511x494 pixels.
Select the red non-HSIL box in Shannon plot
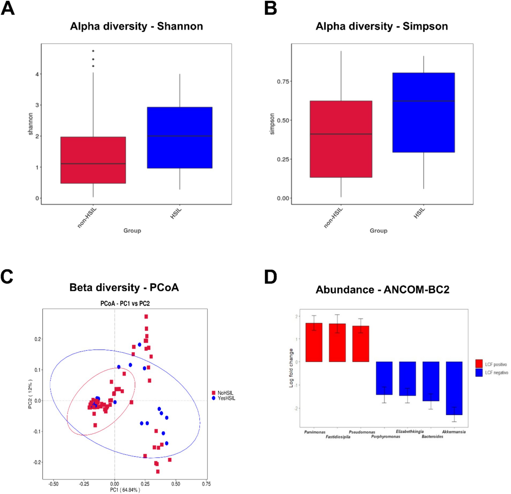(x=93, y=160)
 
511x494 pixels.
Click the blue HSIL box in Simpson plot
(x=423, y=112)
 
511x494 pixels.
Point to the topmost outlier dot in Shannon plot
(x=93, y=51)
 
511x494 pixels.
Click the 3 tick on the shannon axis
(x=37, y=105)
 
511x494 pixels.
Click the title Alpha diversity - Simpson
(x=381, y=26)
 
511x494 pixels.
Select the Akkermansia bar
(x=454, y=388)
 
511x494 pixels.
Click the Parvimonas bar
(x=314, y=342)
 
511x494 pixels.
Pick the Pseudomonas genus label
(x=362, y=432)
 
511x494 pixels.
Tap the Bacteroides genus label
(x=432, y=436)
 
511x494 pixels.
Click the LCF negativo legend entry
(x=496, y=372)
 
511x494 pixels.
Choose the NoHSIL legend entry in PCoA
(x=225, y=393)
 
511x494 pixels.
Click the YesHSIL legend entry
(x=226, y=398)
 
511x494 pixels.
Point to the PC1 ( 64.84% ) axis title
(x=125, y=490)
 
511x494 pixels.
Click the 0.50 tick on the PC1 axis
(x=176, y=484)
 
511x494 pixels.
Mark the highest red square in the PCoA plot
(x=146, y=316)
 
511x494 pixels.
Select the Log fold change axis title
(x=291, y=368)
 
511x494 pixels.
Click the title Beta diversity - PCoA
(x=124, y=287)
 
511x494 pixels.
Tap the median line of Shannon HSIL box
(x=179, y=136)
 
